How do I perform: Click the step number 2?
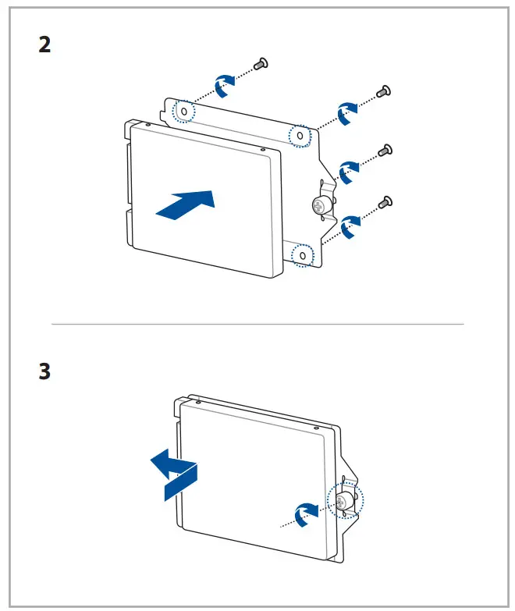(45, 44)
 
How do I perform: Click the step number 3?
(45, 371)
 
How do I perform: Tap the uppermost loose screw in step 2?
(264, 62)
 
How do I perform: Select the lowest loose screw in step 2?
(384, 203)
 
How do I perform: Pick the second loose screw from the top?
(384, 92)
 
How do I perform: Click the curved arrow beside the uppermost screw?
(223, 85)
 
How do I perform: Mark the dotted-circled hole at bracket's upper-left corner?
(183, 112)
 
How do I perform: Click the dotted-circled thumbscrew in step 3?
(343, 500)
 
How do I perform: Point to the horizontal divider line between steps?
(257, 324)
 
